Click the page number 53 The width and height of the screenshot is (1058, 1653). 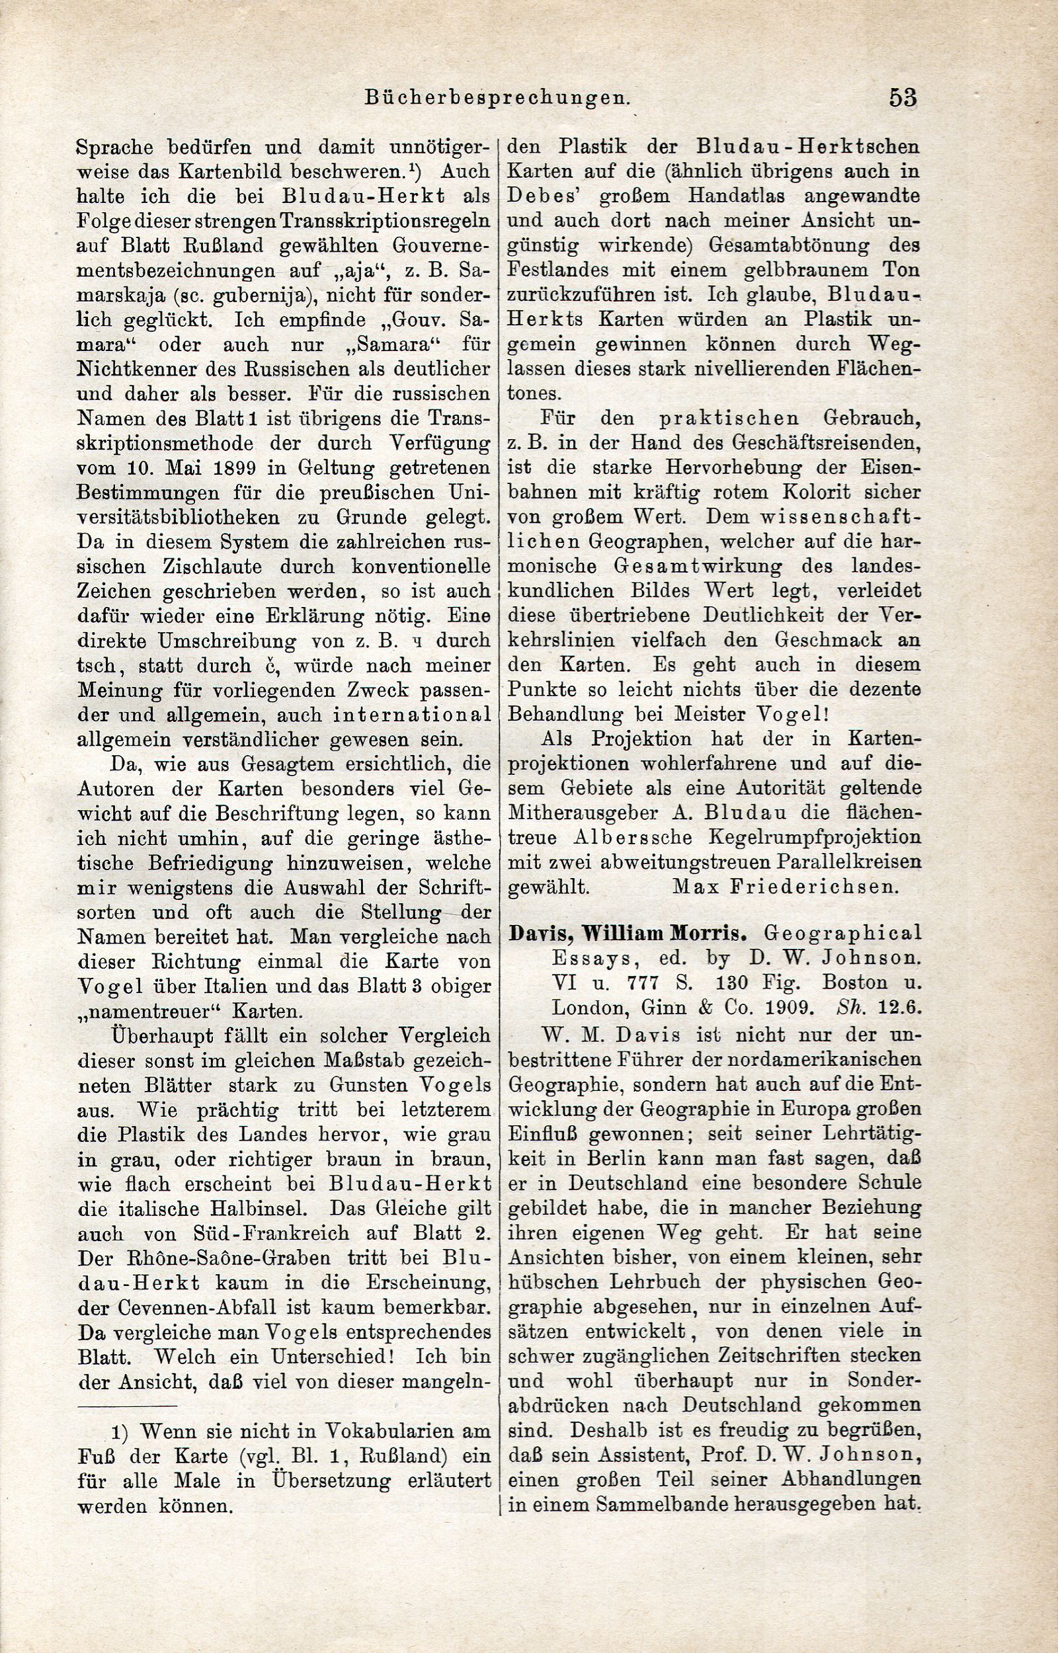(902, 97)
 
